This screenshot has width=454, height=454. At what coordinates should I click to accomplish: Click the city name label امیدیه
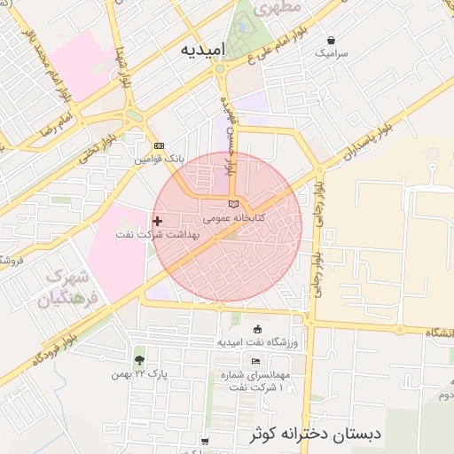coord(202,48)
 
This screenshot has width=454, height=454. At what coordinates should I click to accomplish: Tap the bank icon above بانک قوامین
coord(160,146)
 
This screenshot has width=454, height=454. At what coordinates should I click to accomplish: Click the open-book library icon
coord(233,206)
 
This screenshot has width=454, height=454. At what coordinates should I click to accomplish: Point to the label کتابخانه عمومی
coord(229,217)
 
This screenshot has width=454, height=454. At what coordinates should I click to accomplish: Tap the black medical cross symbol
coord(158,221)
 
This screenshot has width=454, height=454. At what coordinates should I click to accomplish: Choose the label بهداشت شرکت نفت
coord(156,235)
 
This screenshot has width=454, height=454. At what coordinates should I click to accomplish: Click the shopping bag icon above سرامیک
coord(332,40)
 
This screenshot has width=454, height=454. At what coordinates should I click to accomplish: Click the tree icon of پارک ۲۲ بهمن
coord(139,360)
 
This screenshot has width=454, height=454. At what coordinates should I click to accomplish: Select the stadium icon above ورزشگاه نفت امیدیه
coord(257,329)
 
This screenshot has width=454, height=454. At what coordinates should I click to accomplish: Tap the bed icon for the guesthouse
coord(256,361)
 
